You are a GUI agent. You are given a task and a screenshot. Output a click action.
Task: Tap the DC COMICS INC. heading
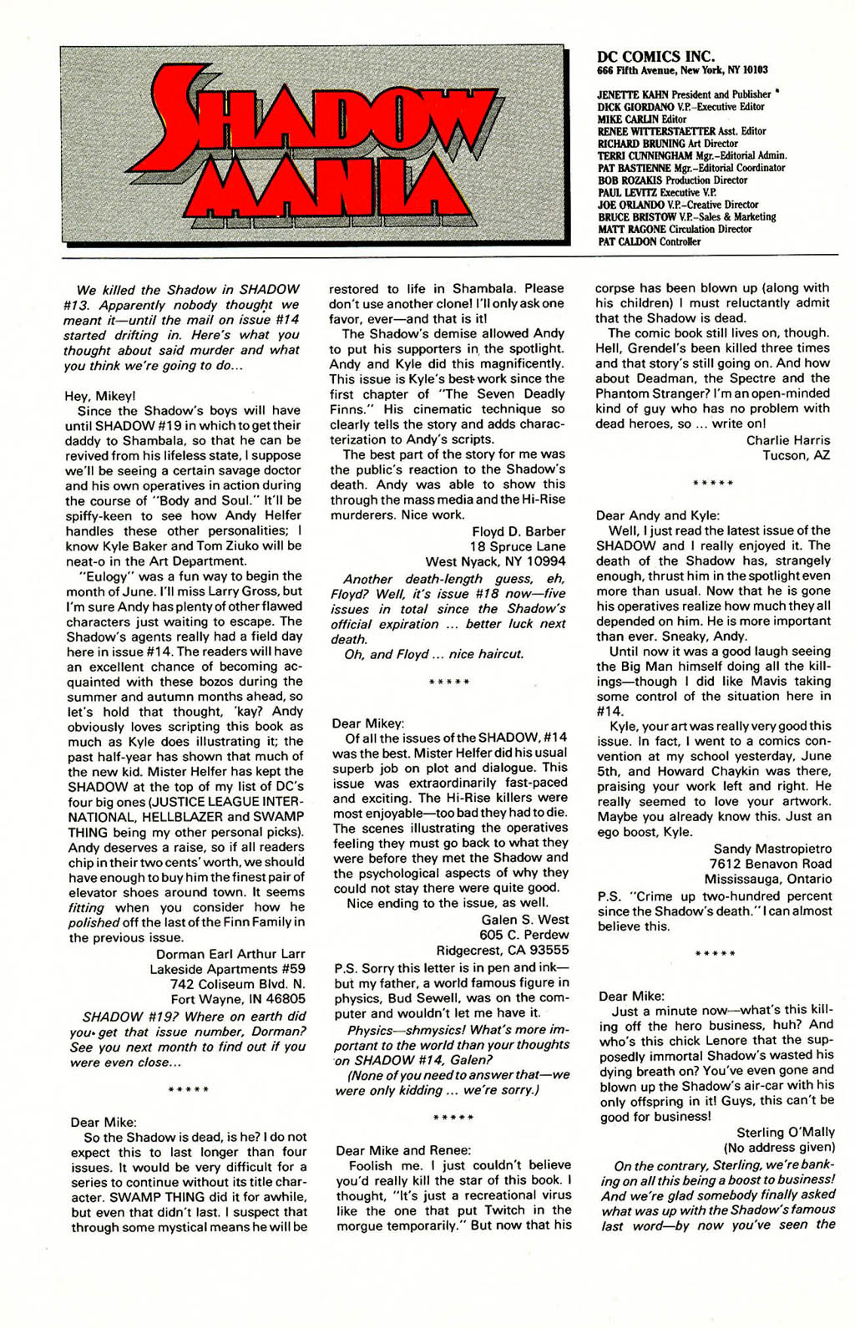point(655,57)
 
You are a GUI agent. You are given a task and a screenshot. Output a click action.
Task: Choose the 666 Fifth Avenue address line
point(682,71)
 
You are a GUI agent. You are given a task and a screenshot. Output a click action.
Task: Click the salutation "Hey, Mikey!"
point(99,396)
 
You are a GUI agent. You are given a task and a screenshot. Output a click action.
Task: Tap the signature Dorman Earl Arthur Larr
point(230,954)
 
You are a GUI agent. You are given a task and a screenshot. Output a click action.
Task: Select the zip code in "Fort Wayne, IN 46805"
point(285,999)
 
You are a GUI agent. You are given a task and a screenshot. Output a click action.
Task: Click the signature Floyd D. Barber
point(519,531)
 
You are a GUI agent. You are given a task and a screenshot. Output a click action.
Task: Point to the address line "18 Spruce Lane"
point(518,546)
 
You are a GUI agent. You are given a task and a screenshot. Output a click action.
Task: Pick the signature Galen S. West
point(525,920)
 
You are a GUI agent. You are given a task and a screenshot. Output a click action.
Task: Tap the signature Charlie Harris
point(788,440)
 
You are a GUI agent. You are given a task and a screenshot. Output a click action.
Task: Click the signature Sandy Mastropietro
point(772,849)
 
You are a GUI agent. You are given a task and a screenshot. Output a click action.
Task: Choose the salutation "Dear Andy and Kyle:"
point(658,515)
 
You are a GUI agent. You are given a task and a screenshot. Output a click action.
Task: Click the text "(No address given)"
point(779,1147)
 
